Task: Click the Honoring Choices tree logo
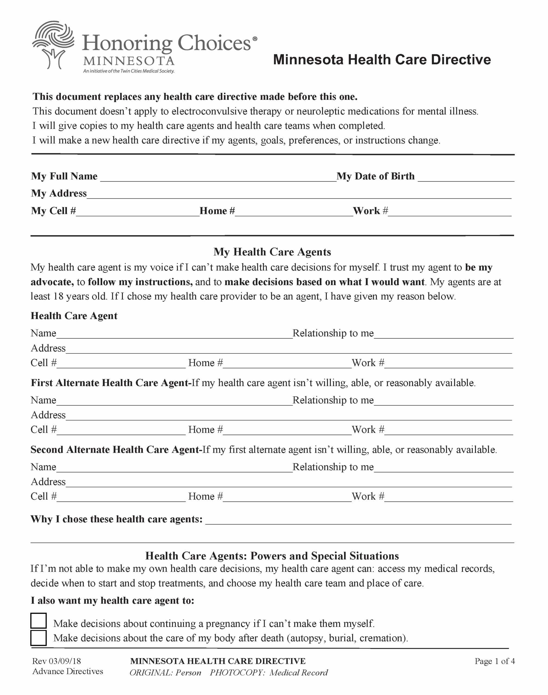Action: [53, 45]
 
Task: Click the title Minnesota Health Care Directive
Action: [382, 60]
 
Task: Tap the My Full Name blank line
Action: [218, 178]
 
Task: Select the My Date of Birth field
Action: [466, 178]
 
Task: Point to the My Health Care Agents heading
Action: [272, 252]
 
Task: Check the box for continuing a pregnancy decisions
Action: [39, 621]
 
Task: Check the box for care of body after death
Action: [39, 638]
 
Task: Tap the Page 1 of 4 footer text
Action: [494, 661]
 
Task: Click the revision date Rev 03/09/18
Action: [56, 661]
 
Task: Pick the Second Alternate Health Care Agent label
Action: [116, 450]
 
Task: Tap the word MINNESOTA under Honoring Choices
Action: [129, 61]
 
